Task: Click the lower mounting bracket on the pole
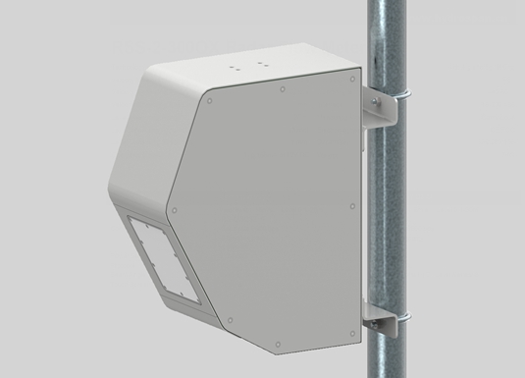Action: (x=378, y=324)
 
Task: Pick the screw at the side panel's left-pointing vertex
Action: (x=174, y=208)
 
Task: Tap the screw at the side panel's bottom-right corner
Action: (x=353, y=334)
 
